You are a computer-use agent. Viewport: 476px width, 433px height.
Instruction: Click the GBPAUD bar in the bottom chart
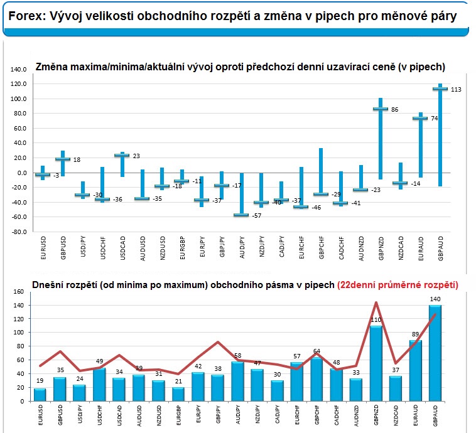click(435, 353)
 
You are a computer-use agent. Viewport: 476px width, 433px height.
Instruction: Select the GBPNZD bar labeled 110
click(376, 363)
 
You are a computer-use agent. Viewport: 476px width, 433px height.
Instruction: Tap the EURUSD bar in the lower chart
click(40, 395)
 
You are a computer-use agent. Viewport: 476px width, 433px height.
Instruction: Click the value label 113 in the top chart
click(456, 90)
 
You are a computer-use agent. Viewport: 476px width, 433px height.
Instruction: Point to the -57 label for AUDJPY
click(256, 216)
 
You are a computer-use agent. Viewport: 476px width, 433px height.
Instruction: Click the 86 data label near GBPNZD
click(394, 110)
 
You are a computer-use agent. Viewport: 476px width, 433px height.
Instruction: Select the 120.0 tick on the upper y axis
click(18, 84)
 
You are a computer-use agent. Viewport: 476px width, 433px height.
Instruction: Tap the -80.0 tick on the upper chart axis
click(18, 232)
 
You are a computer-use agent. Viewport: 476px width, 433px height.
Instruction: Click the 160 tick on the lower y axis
click(18, 292)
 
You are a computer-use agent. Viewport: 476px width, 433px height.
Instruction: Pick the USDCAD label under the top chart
click(122, 249)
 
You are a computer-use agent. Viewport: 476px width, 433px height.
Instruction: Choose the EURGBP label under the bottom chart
click(178, 415)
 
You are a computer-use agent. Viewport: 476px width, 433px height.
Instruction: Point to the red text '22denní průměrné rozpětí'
click(398, 285)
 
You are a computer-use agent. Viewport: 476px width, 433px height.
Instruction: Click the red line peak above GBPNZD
click(376, 302)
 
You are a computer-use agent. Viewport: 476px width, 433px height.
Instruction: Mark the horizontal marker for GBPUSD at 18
click(63, 159)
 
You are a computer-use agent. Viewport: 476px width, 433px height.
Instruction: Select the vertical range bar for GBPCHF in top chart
click(321, 172)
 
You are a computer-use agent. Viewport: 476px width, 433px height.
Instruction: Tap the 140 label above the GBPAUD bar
click(435, 299)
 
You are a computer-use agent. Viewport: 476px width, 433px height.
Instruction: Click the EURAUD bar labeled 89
click(415, 371)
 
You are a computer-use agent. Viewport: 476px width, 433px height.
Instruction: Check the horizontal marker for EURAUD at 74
click(420, 118)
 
